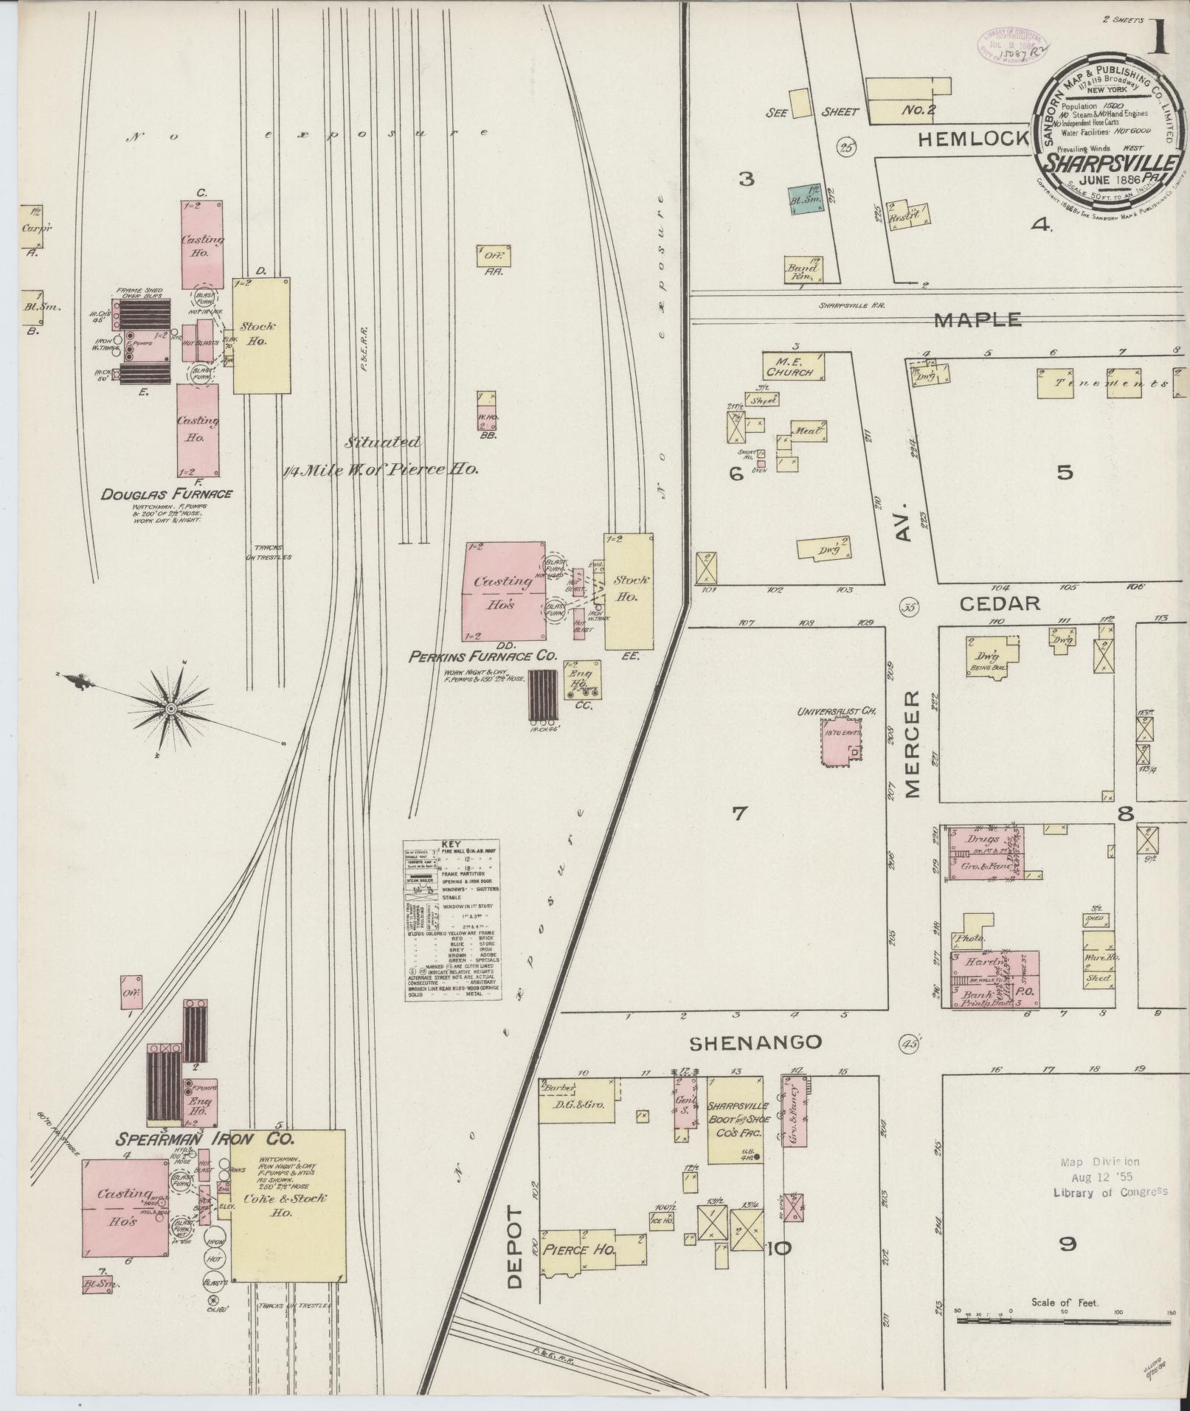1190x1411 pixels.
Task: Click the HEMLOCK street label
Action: tap(973, 138)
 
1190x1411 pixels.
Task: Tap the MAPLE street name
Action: tap(978, 319)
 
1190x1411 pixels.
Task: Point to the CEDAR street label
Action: tap(1000, 603)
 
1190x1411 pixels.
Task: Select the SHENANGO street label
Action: tap(755, 1041)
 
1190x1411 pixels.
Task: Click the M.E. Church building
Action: tap(794, 365)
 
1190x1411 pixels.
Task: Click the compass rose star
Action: tap(170, 708)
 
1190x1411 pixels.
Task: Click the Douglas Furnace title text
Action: tap(167, 493)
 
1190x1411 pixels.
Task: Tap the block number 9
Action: tap(1066, 1244)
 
